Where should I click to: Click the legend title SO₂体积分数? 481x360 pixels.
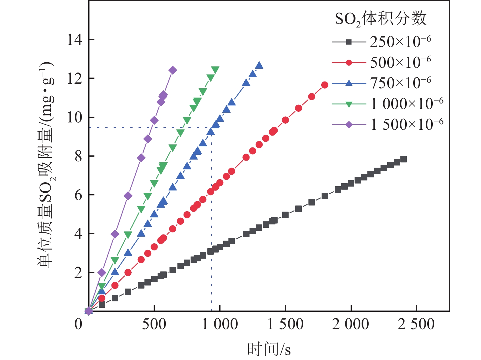coord(381,19)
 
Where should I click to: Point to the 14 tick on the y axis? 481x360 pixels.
coord(75,40)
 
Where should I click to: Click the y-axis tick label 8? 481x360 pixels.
coord(78,156)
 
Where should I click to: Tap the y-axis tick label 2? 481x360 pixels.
coord(78,273)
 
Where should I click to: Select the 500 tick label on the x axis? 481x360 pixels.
coord(154,324)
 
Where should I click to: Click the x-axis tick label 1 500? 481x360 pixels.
coord(285,324)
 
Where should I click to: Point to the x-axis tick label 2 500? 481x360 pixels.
coord(416,324)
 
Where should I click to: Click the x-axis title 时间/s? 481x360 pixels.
coord(269,349)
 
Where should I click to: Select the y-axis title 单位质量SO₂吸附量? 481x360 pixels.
coord(46,165)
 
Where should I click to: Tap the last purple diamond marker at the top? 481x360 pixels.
coord(173,71)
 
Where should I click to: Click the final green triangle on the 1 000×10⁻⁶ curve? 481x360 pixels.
coord(215,70)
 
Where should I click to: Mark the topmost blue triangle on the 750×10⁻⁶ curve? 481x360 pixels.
coord(259,65)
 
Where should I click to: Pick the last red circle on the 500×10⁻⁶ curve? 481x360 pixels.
coord(325,85)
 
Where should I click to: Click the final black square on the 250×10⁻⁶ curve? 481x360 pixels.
coord(403,159)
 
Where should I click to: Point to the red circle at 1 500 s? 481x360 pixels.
coord(285,120)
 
